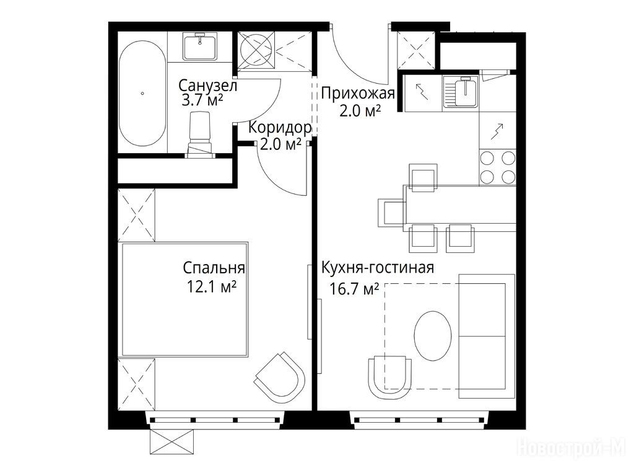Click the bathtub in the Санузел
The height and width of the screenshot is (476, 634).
[x=142, y=93]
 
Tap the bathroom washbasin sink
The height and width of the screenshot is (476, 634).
[x=200, y=46]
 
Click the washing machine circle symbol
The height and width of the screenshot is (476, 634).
[x=256, y=50]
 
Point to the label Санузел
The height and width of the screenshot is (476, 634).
[x=207, y=86]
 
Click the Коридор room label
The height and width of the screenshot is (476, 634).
[x=280, y=128]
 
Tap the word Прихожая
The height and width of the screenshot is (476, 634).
[x=358, y=94]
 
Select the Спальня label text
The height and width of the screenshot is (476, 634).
[x=214, y=268]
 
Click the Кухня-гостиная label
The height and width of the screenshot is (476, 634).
[x=378, y=268]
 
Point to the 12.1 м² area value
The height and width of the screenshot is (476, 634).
[x=212, y=286]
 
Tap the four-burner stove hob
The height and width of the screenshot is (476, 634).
[x=497, y=167]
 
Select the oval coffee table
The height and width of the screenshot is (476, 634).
[x=433, y=335]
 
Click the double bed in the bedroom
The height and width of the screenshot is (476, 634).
[x=185, y=299]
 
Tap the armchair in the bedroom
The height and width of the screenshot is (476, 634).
[x=280, y=377]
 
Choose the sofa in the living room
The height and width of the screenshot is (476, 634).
[x=487, y=336]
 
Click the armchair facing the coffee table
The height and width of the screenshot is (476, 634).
[x=390, y=377]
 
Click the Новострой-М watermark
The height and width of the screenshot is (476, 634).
[x=571, y=447]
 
